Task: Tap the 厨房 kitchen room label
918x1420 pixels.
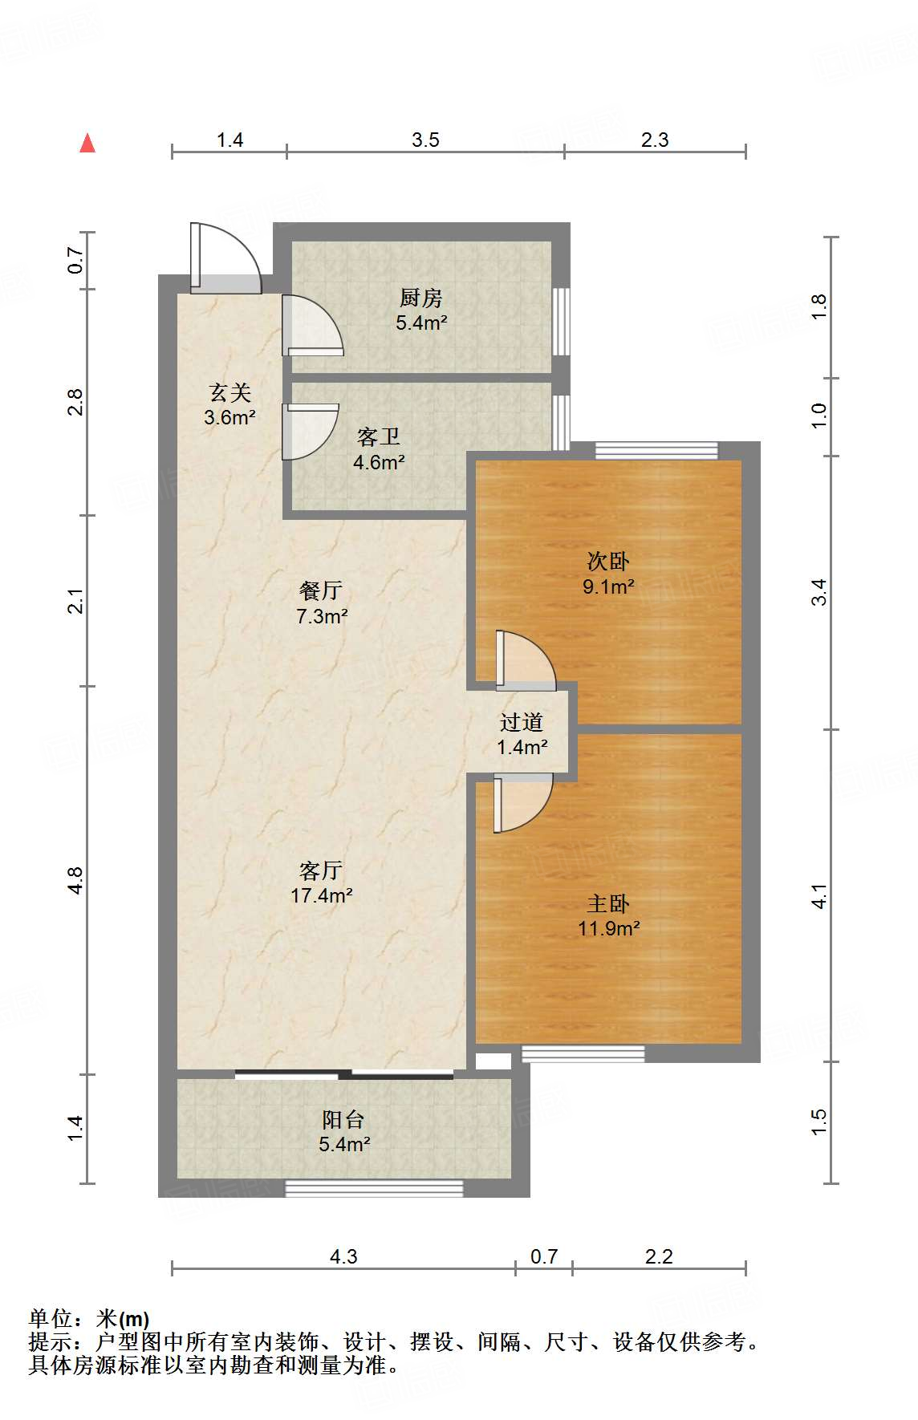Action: tap(421, 298)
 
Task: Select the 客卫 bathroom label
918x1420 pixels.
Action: tap(379, 437)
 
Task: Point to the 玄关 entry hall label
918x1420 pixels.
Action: tap(230, 392)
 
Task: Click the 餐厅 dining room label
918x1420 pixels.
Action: tap(321, 591)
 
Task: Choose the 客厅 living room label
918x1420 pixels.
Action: tap(321, 870)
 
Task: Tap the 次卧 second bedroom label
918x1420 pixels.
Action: tap(608, 561)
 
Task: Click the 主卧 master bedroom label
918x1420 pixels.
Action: tap(608, 904)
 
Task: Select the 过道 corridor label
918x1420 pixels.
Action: tap(522, 723)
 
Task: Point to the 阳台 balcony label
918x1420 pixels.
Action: tap(343, 1119)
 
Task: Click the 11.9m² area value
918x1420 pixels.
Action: tap(609, 929)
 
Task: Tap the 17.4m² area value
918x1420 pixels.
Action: tap(322, 895)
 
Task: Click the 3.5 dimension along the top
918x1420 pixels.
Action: tap(425, 140)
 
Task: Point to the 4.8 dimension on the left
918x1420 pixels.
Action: tap(75, 880)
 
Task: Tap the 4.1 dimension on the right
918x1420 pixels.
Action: tap(818, 896)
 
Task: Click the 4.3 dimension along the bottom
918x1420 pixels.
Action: tap(343, 1256)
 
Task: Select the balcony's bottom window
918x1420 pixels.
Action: tap(375, 1188)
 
